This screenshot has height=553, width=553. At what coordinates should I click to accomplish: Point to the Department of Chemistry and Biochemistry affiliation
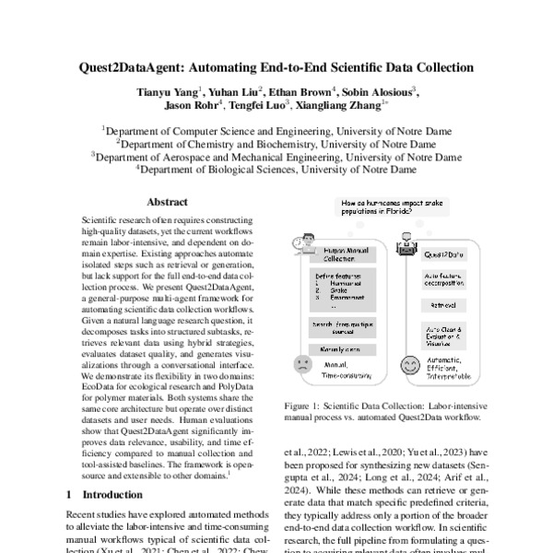276,144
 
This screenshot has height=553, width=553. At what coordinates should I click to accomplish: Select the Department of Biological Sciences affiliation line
276,170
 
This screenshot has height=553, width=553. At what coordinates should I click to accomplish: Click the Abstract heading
167,202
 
